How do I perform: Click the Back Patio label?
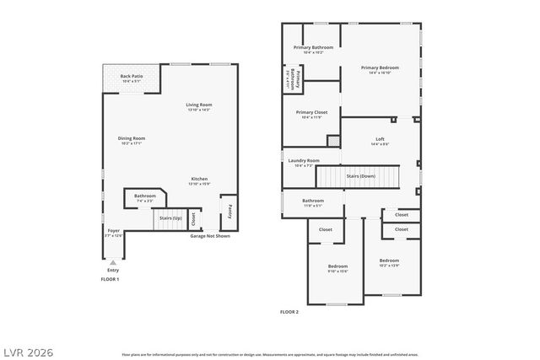point(131,77)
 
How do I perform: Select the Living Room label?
point(199,105)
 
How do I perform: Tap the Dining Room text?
point(132,139)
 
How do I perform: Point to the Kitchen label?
point(199,180)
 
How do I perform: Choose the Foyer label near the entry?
point(113,231)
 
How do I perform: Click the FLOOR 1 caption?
point(111,279)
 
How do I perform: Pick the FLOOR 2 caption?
point(289,312)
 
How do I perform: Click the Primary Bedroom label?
point(380,68)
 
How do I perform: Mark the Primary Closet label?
point(310,113)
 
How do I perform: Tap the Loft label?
point(380,140)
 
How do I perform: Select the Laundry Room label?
point(304,161)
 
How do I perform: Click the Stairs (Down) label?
point(362,175)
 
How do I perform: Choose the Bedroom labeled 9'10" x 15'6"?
point(337,267)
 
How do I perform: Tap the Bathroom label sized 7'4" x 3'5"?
point(145,197)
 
